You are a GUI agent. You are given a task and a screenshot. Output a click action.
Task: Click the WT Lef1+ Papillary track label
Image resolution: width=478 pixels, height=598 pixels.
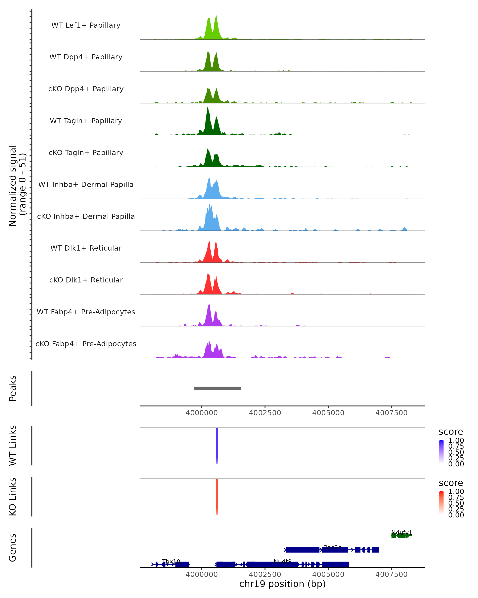click(86, 25)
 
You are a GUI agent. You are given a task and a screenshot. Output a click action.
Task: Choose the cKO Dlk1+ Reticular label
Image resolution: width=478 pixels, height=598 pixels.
click(86, 280)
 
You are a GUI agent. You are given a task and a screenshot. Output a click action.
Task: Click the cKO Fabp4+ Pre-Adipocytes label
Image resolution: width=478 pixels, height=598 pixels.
click(86, 344)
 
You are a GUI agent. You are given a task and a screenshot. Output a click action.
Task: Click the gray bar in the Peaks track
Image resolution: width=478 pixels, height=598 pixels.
click(217, 388)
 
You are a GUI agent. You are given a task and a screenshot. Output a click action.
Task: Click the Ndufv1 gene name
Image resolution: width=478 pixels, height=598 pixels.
click(402, 533)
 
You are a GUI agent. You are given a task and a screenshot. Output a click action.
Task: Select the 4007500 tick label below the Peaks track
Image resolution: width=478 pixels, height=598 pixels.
click(391, 413)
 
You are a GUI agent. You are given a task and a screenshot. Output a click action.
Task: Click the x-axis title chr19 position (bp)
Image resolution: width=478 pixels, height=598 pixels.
click(282, 584)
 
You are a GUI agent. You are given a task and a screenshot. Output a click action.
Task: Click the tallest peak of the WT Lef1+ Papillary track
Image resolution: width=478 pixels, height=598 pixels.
click(216, 16)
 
